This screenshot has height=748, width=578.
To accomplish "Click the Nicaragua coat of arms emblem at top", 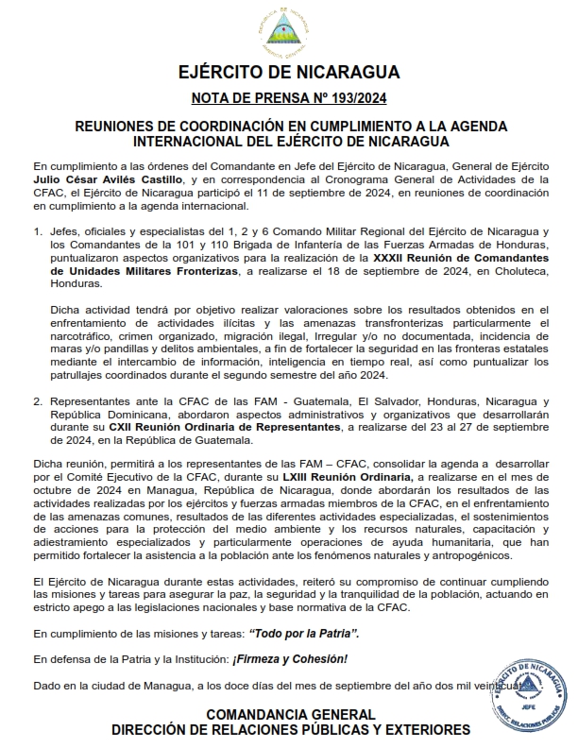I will click(288, 31).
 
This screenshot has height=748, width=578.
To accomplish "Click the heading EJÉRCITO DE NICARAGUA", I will click(288, 73).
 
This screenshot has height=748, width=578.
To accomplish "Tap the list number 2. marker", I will click(37, 400).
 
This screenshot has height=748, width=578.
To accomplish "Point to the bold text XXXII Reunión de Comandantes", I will click(458, 256).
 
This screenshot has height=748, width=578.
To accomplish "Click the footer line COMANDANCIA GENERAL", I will click(290, 715).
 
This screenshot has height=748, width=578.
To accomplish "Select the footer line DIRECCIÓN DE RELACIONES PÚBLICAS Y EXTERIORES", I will click(290, 730).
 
